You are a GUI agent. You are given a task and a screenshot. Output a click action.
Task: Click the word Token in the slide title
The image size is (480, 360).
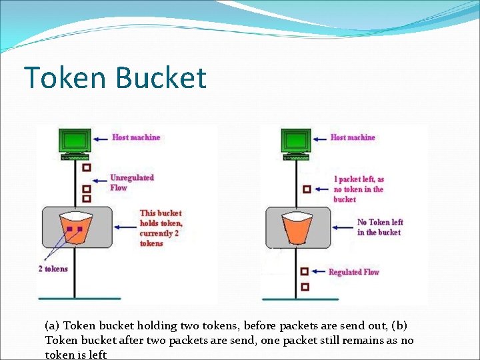65,77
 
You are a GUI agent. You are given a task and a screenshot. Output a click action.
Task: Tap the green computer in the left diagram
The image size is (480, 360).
75,142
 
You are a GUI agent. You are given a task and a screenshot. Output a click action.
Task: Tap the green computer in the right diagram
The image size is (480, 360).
295,142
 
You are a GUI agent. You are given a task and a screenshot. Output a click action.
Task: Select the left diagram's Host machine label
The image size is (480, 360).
136,137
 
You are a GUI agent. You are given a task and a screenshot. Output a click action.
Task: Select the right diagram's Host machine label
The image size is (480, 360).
353,137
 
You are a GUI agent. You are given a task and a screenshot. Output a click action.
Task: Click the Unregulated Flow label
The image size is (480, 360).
131,183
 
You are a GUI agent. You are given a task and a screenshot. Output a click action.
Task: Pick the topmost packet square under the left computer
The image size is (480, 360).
86,167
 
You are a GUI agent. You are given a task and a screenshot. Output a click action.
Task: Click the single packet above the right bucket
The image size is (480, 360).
306,189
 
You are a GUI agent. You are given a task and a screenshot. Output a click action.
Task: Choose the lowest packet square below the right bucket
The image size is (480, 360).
305,287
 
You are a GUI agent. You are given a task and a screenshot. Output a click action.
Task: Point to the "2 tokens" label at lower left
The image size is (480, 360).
53,269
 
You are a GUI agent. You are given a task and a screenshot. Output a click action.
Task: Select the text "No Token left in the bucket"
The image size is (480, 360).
379,227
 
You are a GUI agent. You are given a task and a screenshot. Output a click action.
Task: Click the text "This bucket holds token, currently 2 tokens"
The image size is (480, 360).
161,228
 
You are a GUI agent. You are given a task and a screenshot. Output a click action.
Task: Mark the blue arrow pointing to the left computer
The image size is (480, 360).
101,139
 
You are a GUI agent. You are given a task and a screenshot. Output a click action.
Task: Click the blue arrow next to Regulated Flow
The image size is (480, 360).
318,272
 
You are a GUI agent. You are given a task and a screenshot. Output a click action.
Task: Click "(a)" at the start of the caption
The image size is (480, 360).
52,326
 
